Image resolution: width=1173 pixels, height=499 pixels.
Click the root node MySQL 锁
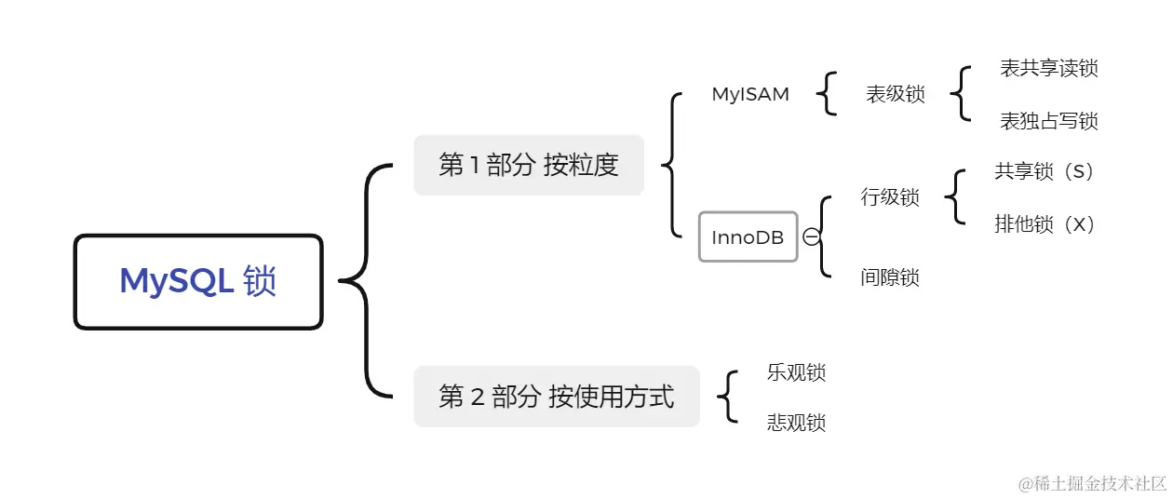[x=198, y=281]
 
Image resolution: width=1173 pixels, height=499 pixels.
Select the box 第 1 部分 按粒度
[x=529, y=165]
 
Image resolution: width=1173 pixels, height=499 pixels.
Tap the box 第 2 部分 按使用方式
[x=556, y=397]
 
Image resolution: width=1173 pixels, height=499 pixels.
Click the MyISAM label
[x=750, y=94]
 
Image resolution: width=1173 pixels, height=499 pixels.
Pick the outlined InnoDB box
[x=748, y=236]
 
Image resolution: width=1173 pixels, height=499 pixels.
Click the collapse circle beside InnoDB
[x=811, y=236]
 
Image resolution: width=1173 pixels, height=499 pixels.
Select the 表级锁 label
[x=895, y=94]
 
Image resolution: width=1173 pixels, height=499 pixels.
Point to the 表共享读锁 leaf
[x=1048, y=69]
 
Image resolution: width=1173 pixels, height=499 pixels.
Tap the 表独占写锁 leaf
[x=1048, y=121]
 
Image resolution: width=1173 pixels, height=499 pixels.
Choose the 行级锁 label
[x=889, y=197]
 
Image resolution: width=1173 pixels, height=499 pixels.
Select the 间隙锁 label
[x=889, y=277]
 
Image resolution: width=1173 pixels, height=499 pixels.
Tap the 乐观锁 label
[x=796, y=372]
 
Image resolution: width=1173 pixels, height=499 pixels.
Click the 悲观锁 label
[x=796, y=423]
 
